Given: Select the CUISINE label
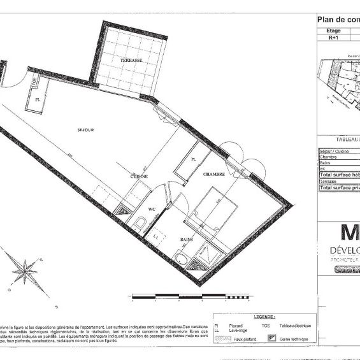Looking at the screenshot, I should tap(140, 176).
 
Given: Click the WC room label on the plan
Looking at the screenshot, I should tap(152, 209).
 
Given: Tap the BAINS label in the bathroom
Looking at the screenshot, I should tap(187, 240).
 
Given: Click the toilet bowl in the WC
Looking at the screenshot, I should tap(140, 223).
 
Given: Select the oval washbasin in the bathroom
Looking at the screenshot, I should tap(182, 259).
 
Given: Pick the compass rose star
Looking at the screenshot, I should tap(24, 273).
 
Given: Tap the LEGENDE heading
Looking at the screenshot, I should tap(264, 317).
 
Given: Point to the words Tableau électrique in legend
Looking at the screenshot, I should tap(294, 326).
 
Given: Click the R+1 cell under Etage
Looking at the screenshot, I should tap(333, 38).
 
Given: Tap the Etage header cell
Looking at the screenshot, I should tap(333, 30).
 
